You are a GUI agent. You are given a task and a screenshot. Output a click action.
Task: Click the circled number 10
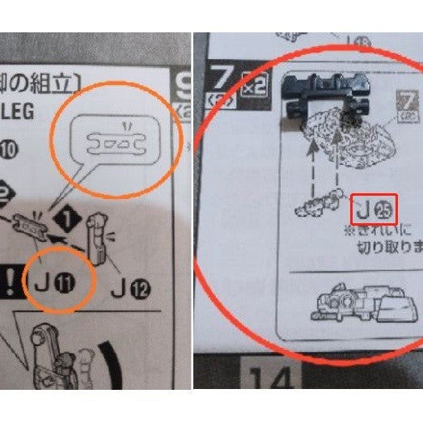tap(10, 147)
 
